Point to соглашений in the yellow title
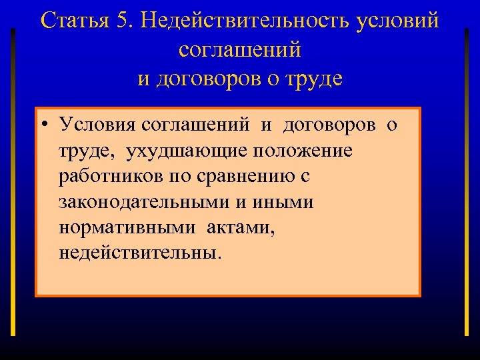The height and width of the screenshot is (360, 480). pyautogui.click(x=240, y=50)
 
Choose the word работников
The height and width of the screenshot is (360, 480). pyautogui.click(x=106, y=177)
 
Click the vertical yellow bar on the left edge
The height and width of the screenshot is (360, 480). pyautogui.click(x=13, y=180)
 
